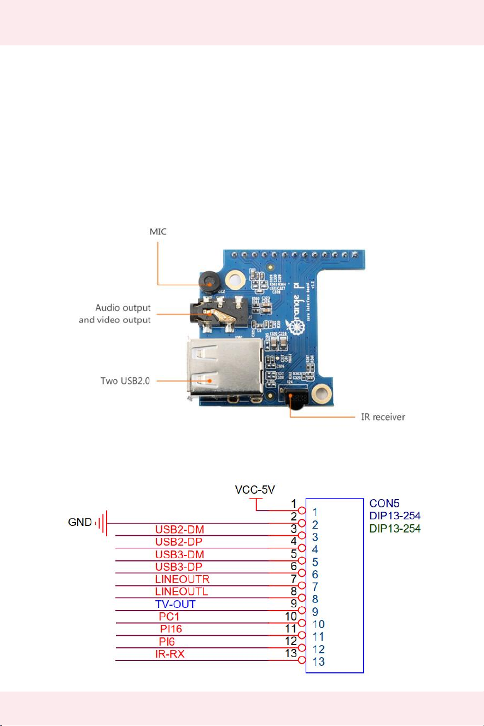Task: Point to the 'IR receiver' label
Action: [x=381, y=417]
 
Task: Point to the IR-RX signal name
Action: [x=170, y=654]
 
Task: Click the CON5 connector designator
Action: [x=384, y=503]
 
